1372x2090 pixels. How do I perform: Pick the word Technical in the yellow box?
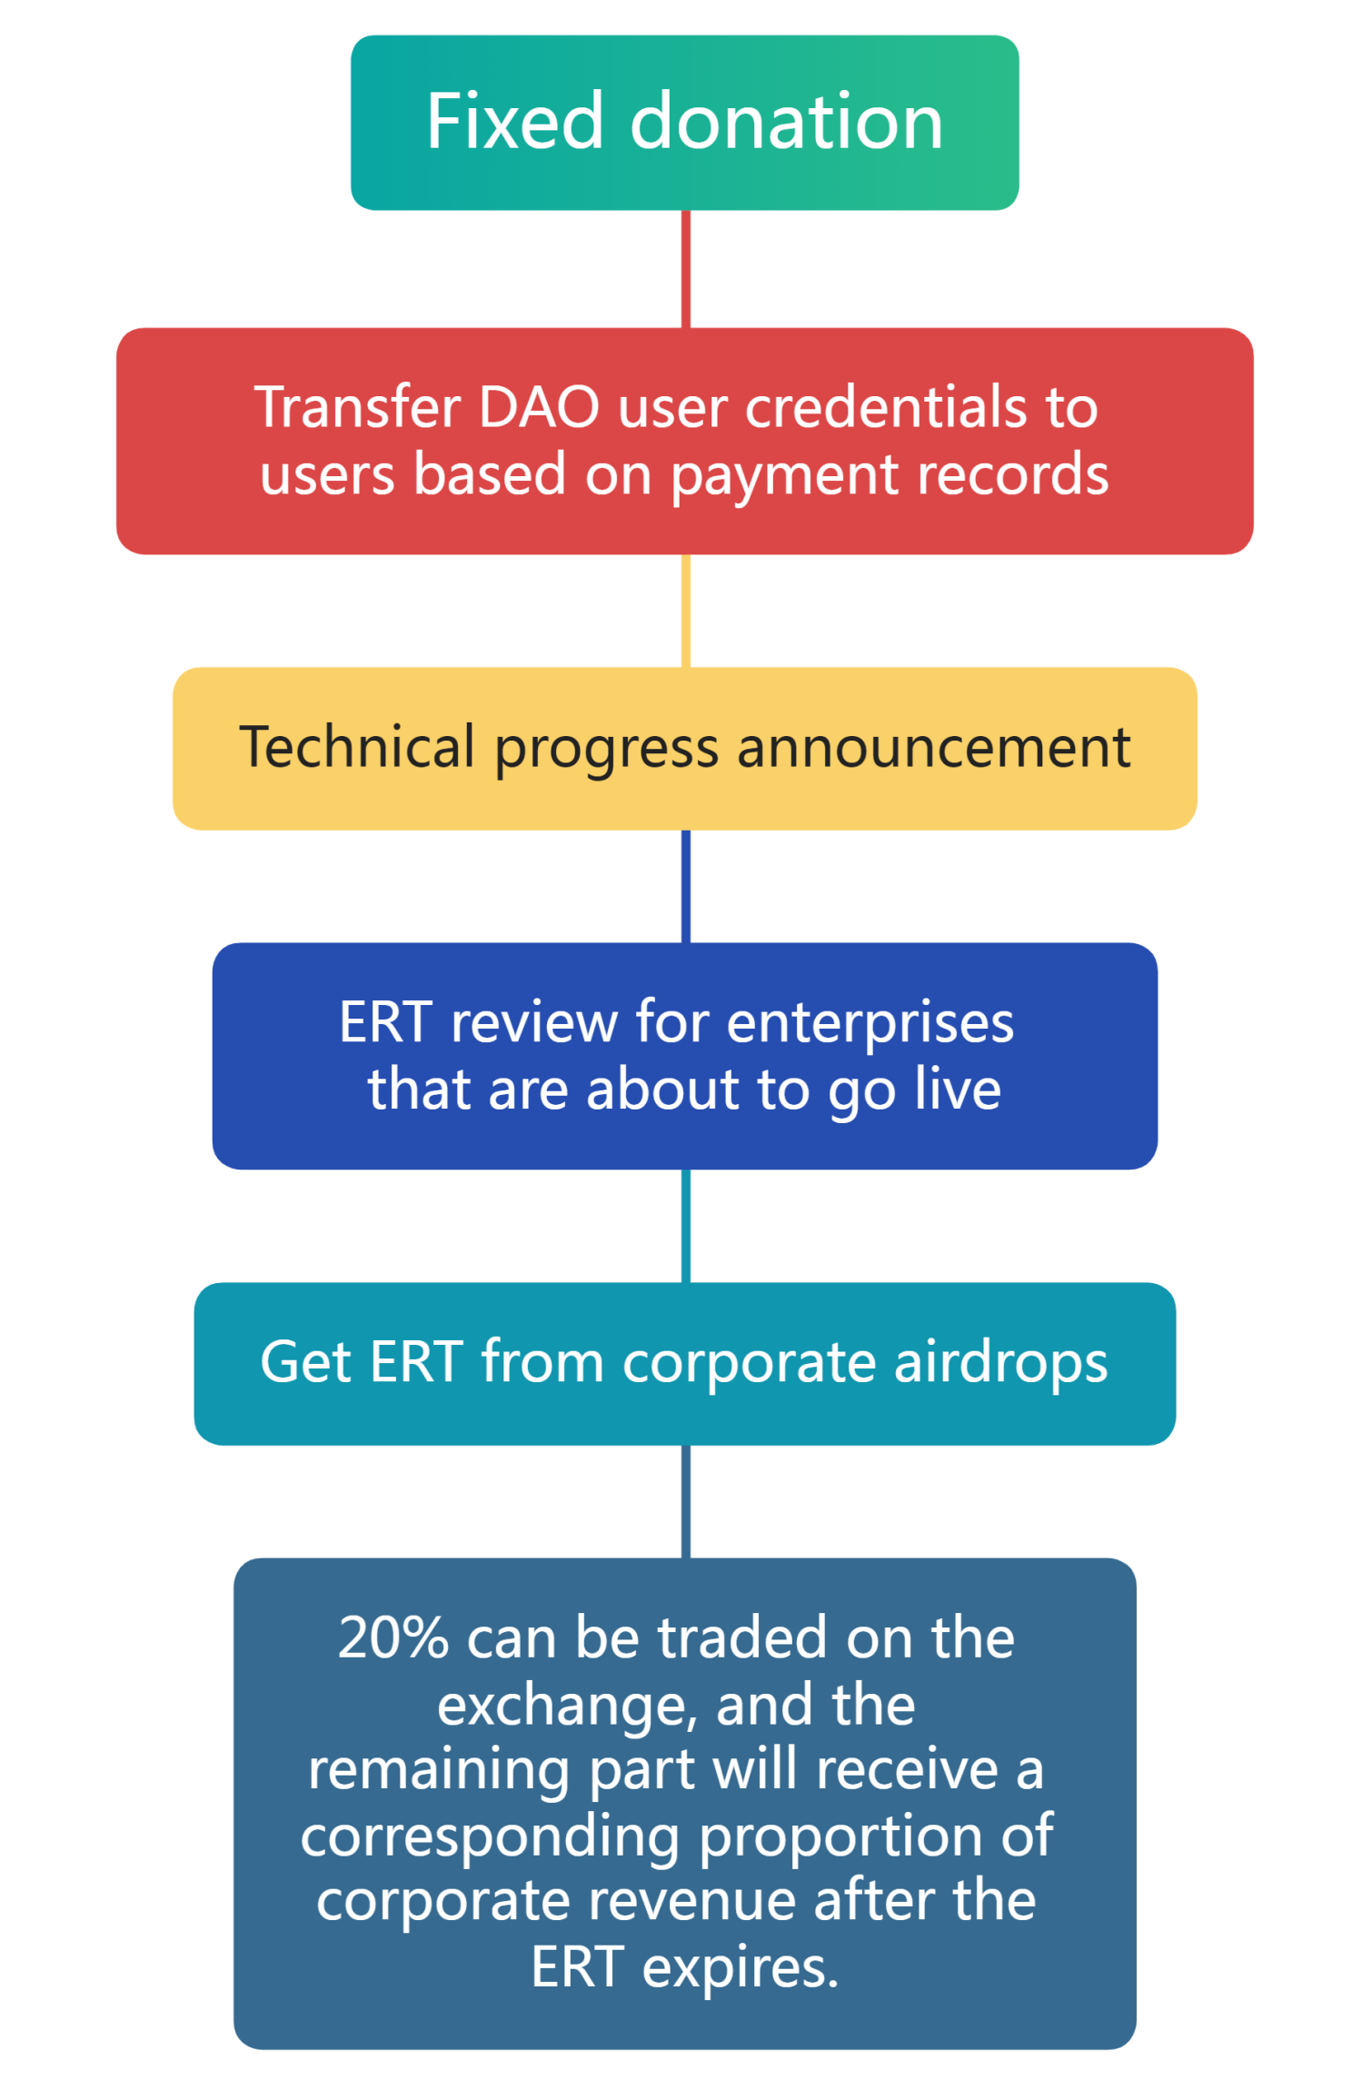357,747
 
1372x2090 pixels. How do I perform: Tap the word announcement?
934,748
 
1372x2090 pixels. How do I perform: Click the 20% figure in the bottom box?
393,1638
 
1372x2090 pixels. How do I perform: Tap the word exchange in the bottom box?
567,1706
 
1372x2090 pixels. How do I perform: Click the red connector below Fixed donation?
686,269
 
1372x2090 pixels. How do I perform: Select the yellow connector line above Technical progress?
686,611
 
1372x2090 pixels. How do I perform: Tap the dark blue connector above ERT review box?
686,886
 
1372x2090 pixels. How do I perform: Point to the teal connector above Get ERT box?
686,1226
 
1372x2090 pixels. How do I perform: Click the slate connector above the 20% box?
686,1501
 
